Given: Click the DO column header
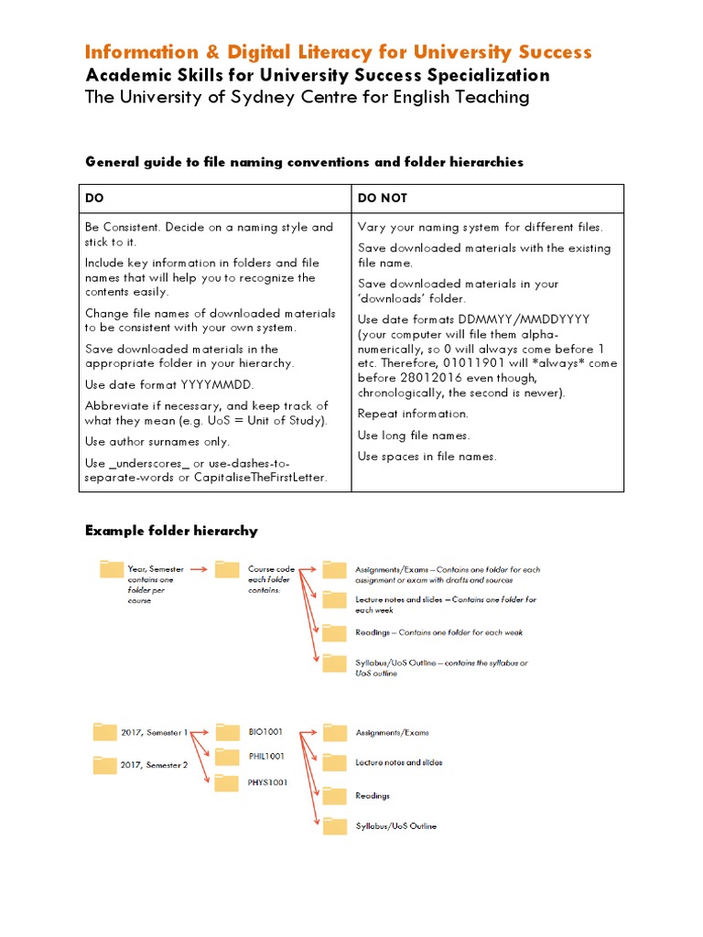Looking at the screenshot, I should pos(94,199).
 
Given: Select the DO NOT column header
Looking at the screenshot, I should pos(383,199).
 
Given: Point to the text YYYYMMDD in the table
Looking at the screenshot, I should pos(220,384).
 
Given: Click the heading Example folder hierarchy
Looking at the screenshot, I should pos(171,531).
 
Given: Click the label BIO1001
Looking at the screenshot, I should pos(265,732).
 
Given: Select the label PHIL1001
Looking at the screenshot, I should pos(266,757).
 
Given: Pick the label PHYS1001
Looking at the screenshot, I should pos(267,783).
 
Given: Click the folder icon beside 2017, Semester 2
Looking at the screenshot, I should pos(105,765).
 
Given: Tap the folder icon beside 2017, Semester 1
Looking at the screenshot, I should pos(105,732).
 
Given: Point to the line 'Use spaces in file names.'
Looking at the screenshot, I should pos(427,456).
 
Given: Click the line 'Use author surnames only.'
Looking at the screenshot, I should pos(157,441).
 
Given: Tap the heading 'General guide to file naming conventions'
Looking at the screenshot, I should pos(304,162).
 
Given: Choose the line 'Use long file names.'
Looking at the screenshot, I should pos(413,435).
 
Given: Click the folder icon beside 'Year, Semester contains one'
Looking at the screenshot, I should pos(111,570).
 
